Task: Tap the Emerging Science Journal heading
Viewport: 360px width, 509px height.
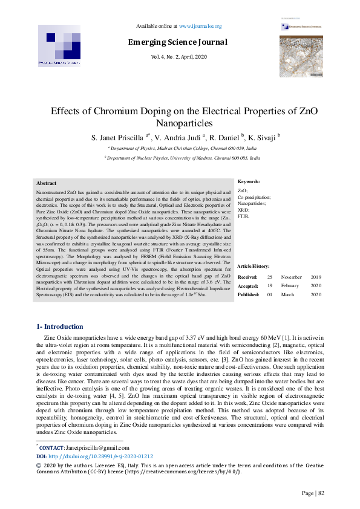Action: pyautogui.click(x=177, y=42)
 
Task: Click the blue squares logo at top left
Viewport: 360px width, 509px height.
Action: pyautogui.click(x=59, y=46)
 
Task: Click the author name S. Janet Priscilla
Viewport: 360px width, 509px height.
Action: pyautogui.click(x=119, y=137)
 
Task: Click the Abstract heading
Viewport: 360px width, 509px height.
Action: pyautogui.click(x=47, y=183)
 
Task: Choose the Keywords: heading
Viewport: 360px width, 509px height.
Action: pyautogui.click(x=249, y=181)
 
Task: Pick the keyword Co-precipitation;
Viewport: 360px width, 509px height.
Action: pyautogui.click(x=254, y=197)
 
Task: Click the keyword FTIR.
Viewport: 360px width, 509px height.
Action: pyautogui.click(x=244, y=216)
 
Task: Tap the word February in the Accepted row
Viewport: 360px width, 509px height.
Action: pyautogui.click(x=291, y=285)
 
